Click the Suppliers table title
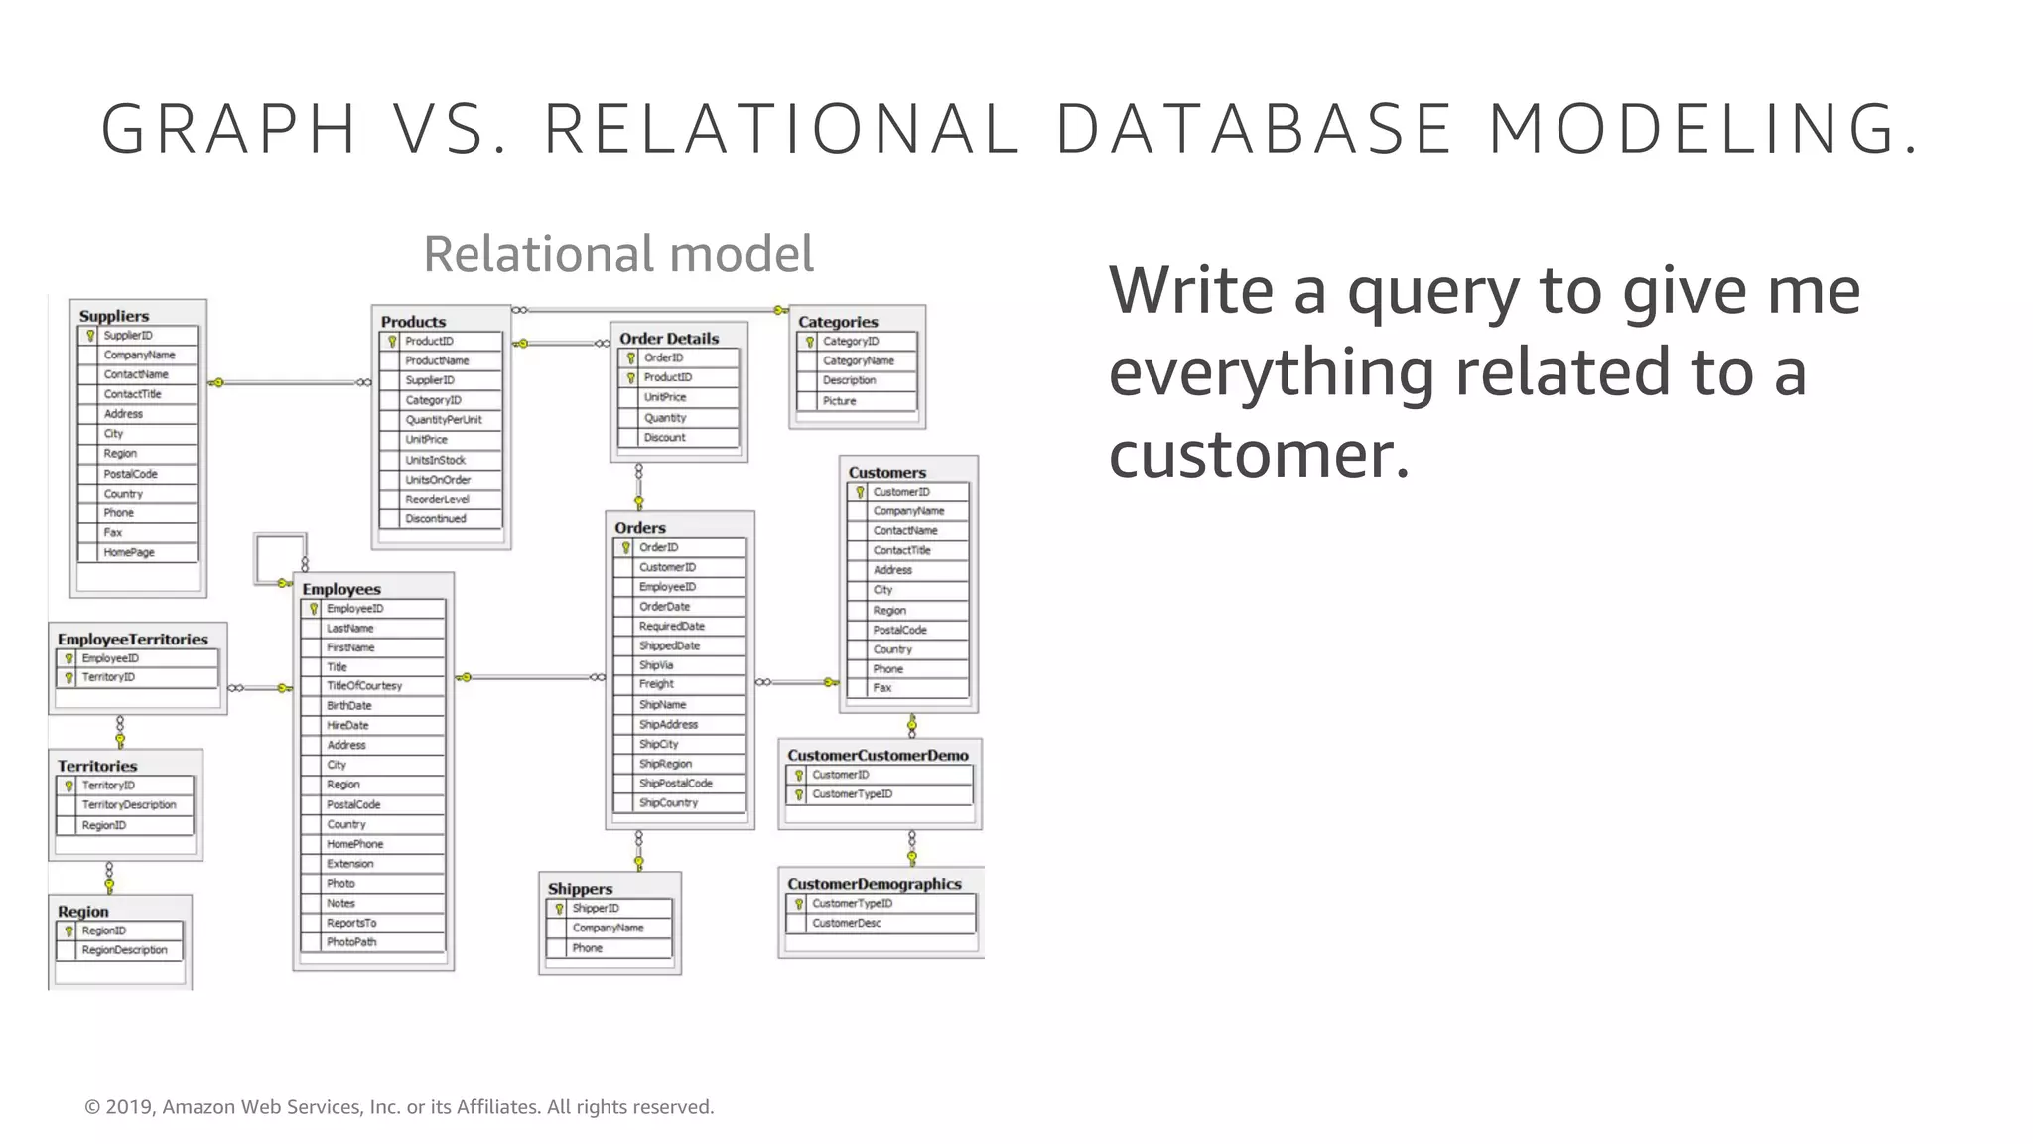click(114, 316)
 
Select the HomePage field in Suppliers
click(129, 552)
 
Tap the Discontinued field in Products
click(435, 518)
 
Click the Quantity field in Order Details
click(664, 418)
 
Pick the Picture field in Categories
click(839, 401)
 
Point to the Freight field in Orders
click(656, 684)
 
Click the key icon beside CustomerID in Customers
click(860, 492)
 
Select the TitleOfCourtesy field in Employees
click(364, 686)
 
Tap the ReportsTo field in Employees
click(351, 923)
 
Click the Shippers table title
click(580, 889)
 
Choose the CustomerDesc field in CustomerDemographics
click(846, 923)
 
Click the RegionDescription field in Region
click(124, 950)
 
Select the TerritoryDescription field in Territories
click(129, 805)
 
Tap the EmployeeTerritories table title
click(132, 640)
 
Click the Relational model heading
click(618, 254)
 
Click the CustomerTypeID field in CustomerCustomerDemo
click(852, 794)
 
